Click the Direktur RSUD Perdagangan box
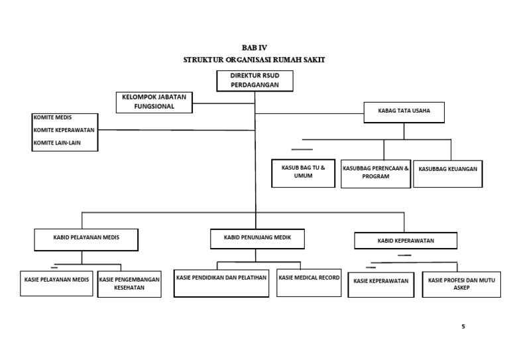tap(254, 80)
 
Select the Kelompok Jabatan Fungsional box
tap(154, 101)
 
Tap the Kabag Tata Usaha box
tap(404, 111)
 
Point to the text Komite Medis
tap(52, 118)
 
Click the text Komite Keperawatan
tap(64, 130)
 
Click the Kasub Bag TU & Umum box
tap(303, 172)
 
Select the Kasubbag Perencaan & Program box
tap(376, 173)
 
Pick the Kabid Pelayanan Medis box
tap(86, 239)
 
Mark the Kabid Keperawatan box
tap(406, 241)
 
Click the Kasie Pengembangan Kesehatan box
tap(129, 284)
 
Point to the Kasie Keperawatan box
tap(381, 284)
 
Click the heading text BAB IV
tap(254, 48)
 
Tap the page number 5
tap(463, 327)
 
